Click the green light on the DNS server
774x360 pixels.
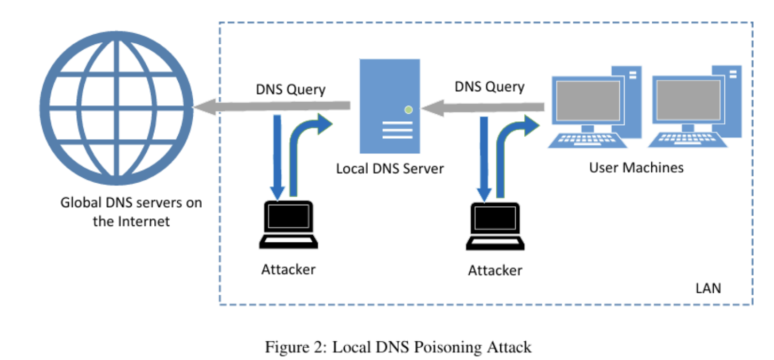click(409, 109)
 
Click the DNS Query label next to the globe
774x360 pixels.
click(290, 89)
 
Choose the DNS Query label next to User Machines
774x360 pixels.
click(489, 87)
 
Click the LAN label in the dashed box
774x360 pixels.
click(708, 288)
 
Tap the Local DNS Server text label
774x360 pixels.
click(390, 169)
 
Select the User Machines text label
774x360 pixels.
click(636, 168)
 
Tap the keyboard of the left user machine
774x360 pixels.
click(588, 140)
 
